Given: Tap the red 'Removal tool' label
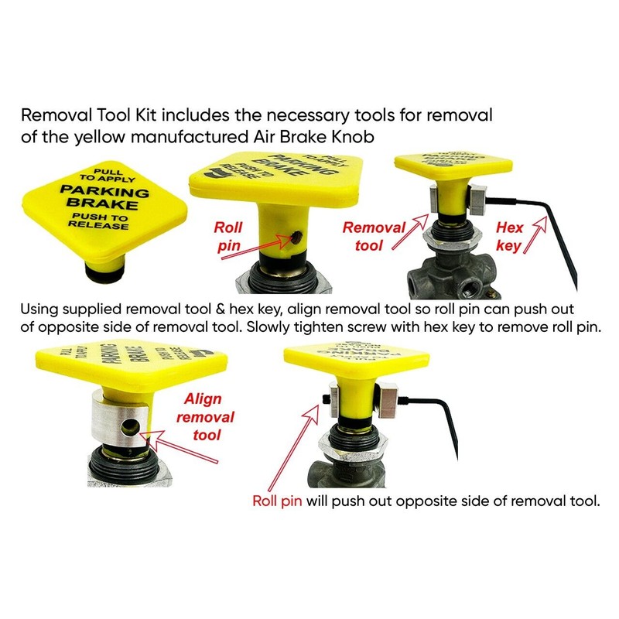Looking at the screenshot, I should point(374,236).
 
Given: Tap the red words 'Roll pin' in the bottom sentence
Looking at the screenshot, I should point(278,500).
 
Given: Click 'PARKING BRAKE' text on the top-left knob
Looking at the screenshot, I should point(105,199).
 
